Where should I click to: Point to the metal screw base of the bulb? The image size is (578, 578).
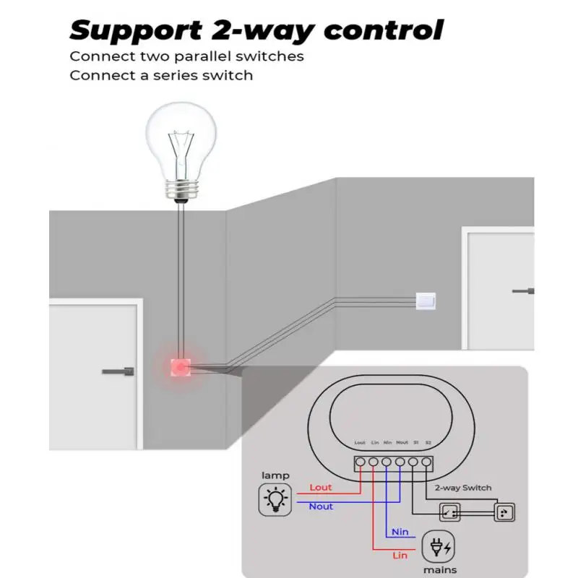[181, 191]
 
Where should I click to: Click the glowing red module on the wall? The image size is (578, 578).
[178, 366]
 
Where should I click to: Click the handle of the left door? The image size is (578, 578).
[118, 371]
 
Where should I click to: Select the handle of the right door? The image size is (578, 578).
[524, 291]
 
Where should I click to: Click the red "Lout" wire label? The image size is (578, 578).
[321, 488]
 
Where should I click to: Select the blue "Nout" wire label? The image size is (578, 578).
[321, 506]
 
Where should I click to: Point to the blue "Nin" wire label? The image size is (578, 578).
[400, 532]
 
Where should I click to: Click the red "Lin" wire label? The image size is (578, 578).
[400, 555]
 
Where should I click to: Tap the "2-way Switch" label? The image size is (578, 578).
[464, 488]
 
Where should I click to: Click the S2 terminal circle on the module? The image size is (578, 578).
[427, 461]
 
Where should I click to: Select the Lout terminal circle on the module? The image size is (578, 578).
[360, 461]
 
